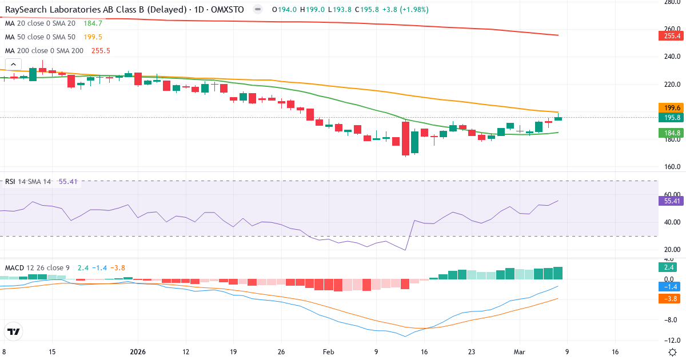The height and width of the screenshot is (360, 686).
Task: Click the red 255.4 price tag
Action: point(672,36)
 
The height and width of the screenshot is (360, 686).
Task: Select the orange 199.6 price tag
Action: point(672,107)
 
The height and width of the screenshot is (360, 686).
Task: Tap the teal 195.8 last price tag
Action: point(672,117)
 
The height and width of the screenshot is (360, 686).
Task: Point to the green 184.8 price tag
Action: point(672,133)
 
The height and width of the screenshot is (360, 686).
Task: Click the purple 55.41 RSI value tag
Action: point(672,201)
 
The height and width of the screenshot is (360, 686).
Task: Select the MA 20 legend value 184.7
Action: point(92,23)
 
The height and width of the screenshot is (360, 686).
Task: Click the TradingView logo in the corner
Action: point(14,331)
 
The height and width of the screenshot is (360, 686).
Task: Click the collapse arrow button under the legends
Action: point(13,65)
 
